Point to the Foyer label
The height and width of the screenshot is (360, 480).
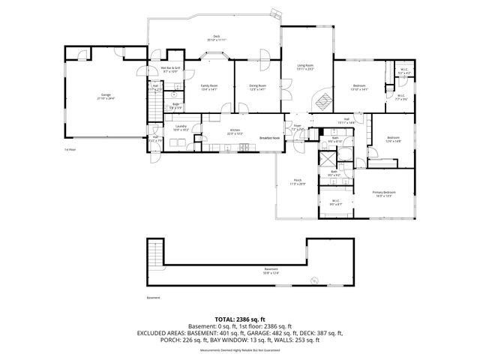[297, 127]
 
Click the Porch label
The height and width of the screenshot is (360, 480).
[297, 181]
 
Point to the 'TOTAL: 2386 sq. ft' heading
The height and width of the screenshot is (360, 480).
[239, 319]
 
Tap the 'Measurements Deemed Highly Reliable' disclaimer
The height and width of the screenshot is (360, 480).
[239, 351]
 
